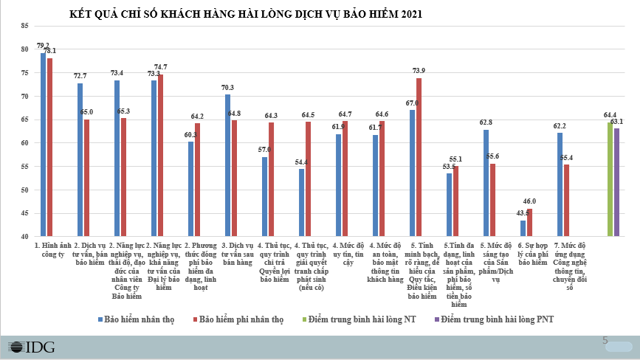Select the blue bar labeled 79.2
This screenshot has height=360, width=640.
pos(44,145)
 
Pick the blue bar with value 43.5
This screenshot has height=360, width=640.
pos(523,229)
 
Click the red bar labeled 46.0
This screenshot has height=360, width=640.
pos(529,223)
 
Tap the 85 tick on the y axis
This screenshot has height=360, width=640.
pos(24,26)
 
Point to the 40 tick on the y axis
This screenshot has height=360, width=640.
pos(24,237)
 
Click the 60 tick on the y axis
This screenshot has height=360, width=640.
pos(24,143)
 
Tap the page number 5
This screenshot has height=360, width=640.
pos(605,340)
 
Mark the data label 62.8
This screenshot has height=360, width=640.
pos(485,122)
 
